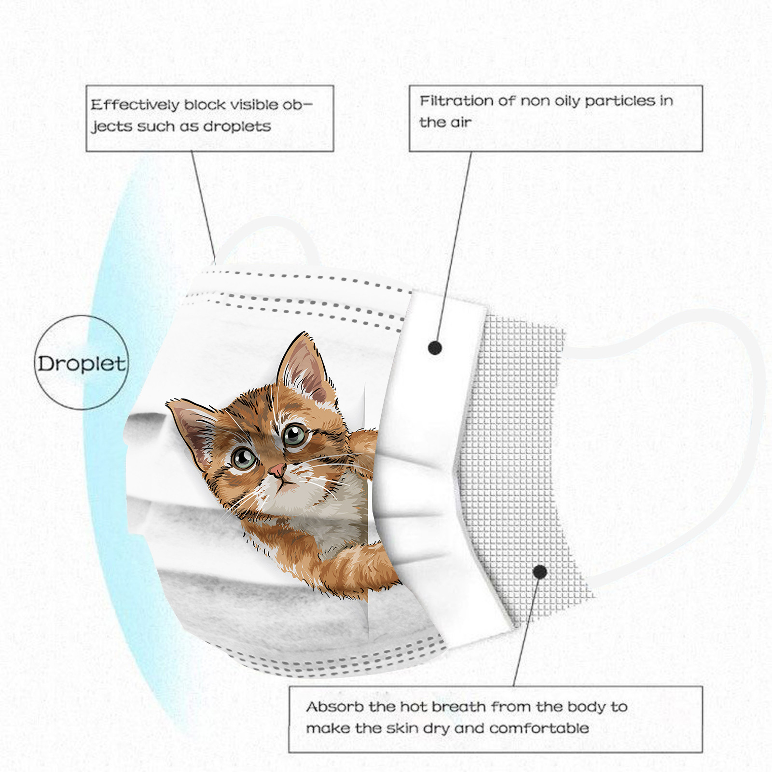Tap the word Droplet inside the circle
point(82,363)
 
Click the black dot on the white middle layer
point(435,347)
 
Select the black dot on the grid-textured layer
point(540,572)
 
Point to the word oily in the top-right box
point(567,102)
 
